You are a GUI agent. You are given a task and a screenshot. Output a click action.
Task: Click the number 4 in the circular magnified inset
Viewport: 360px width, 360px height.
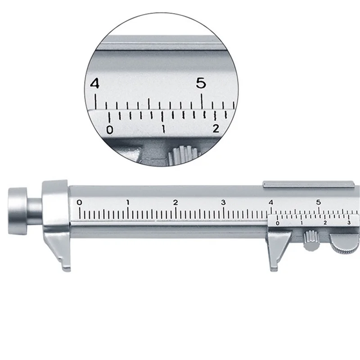94,84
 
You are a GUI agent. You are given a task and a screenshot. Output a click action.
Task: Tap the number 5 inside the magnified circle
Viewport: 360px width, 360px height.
201,84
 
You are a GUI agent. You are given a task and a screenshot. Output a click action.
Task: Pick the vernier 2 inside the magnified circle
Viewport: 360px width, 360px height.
216,129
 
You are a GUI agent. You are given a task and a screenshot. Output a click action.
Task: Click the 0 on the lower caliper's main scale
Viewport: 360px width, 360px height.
80,202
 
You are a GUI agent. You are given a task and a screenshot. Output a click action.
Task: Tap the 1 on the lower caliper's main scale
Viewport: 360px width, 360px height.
128,202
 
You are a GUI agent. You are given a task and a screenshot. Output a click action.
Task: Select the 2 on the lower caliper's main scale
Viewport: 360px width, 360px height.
175,202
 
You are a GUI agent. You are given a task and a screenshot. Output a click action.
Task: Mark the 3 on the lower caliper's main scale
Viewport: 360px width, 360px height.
224,202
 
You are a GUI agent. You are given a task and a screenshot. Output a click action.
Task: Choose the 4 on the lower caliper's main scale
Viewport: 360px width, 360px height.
271,202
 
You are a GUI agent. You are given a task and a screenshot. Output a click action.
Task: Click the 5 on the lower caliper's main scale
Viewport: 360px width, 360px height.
319,202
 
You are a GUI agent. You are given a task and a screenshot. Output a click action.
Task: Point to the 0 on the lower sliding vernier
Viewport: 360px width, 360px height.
277,223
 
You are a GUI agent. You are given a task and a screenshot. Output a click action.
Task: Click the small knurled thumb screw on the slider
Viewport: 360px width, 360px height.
310,239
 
